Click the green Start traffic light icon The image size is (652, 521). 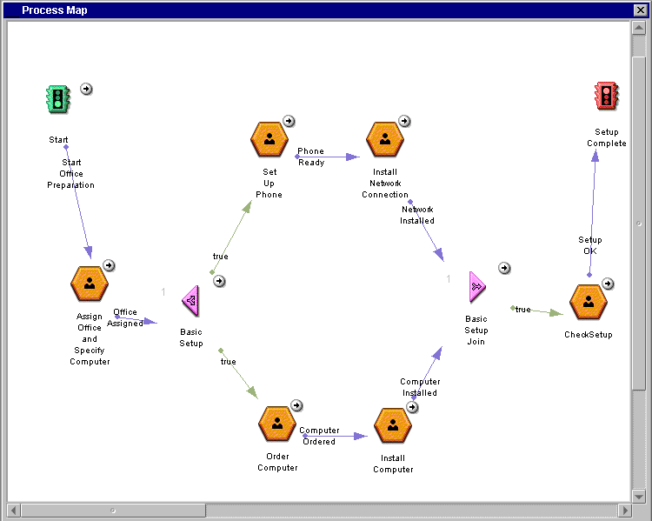[57, 99]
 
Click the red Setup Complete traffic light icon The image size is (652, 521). [607, 96]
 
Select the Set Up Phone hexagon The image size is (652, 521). [269, 139]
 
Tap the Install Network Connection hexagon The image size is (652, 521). [385, 139]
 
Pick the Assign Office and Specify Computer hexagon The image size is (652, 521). [90, 284]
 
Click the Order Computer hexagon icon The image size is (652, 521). [277, 424]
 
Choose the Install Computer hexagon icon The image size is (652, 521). [393, 425]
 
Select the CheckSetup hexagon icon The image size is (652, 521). [589, 302]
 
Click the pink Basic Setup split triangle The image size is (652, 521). [191, 300]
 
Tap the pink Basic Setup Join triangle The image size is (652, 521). [477, 287]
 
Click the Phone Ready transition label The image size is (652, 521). [311, 157]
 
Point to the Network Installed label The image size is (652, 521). [417, 215]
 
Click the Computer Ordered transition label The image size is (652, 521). [319, 436]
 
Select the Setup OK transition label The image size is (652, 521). [590, 245]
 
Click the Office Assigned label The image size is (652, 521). [125, 317]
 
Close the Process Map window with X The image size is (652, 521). [641, 10]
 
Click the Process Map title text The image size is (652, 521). [55, 10]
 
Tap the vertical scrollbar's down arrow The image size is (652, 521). [638, 496]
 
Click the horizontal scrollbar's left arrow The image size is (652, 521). [14, 511]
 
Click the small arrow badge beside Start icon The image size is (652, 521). [86, 89]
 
